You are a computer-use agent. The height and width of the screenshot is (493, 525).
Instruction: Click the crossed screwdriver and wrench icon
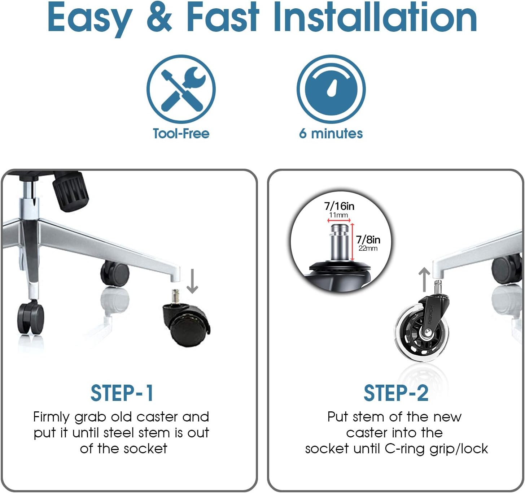[x=181, y=89]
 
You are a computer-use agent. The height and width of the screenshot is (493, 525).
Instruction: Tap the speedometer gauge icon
[x=331, y=89]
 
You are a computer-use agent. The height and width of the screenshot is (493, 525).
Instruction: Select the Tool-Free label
[x=181, y=133]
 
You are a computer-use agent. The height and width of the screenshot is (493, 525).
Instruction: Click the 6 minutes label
[x=331, y=133]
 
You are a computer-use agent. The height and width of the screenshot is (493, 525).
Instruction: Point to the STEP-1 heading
[x=122, y=393]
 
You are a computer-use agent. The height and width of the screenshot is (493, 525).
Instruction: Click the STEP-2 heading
[x=396, y=393]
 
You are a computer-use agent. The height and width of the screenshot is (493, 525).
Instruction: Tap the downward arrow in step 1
[x=192, y=281]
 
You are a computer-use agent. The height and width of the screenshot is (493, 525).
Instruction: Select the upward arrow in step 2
[x=424, y=280]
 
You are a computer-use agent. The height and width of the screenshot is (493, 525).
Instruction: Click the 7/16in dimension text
[x=339, y=206]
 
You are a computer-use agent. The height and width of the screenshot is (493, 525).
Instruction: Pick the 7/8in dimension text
[x=368, y=240]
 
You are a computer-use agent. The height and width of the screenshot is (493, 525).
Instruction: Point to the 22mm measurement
[x=368, y=248]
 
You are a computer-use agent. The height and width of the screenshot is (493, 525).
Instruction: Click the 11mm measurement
[x=338, y=215]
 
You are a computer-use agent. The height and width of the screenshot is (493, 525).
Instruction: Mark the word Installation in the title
[x=375, y=17]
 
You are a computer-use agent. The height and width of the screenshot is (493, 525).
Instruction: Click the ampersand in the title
[x=159, y=17]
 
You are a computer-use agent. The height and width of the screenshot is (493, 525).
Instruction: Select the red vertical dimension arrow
[x=352, y=242]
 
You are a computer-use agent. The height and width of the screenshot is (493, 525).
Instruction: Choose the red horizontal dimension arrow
[x=339, y=220]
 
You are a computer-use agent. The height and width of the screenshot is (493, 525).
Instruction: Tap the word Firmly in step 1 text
[x=51, y=418]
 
